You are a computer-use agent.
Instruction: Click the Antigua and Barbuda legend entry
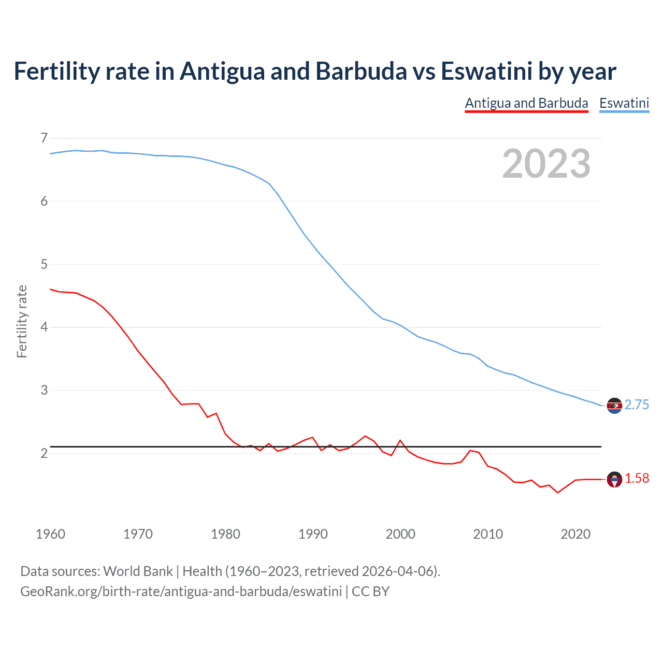[526, 103]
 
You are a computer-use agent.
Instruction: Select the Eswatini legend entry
[624, 103]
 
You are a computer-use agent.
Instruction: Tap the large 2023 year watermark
[546, 164]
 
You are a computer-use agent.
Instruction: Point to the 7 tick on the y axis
[44, 138]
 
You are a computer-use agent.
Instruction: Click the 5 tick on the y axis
[44, 264]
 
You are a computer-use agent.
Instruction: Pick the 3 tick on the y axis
[44, 390]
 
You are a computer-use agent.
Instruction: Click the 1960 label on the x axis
[50, 534]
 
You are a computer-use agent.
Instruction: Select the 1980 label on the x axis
[225, 534]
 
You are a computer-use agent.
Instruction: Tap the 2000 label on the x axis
[400, 534]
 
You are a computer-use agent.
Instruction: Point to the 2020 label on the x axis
[575, 534]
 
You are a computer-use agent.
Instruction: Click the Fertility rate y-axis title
[22, 321]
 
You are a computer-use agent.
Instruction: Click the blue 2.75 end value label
[637, 405]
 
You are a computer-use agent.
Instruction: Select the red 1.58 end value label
[637, 479]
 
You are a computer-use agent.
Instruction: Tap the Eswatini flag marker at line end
[614, 406]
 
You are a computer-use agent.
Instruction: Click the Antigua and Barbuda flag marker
[614, 480]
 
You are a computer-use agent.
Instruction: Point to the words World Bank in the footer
[138, 571]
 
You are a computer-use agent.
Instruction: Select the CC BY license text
[370, 592]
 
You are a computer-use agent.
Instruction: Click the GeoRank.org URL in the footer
[181, 592]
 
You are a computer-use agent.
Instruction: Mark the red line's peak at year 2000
[400, 440]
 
